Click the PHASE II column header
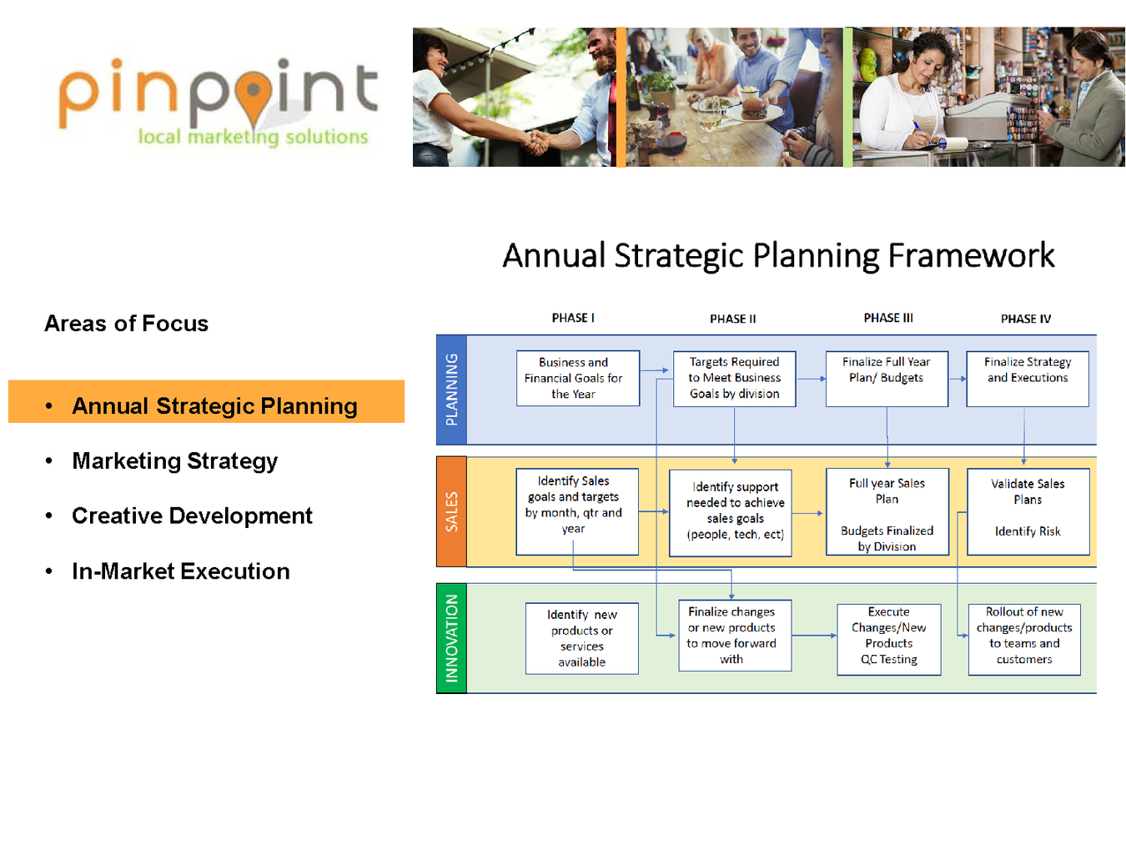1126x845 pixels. click(x=732, y=319)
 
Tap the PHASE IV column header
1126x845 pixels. click(x=1025, y=319)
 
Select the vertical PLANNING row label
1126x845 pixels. click(x=451, y=390)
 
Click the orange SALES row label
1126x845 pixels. click(x=451, y=511)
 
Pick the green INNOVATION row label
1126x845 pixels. click(x=451, y=638)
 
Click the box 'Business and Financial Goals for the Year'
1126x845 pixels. click(x=578, y=378)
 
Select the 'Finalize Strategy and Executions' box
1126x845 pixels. click(x=1027, y=379)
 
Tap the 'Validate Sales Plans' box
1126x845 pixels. click(x=1028, y=511)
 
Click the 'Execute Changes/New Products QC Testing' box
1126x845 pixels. click(x=888, y=639)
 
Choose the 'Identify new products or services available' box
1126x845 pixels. click(x=581, y=638)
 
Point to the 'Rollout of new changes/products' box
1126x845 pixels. click(x=1024, y=639)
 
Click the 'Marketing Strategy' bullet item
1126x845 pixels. click(x=174, y=461)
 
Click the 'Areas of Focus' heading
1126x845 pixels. click(x=126, y=323)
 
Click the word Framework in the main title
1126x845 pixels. click(x=970, y=255)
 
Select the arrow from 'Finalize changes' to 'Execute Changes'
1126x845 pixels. click(x=814, y=636)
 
